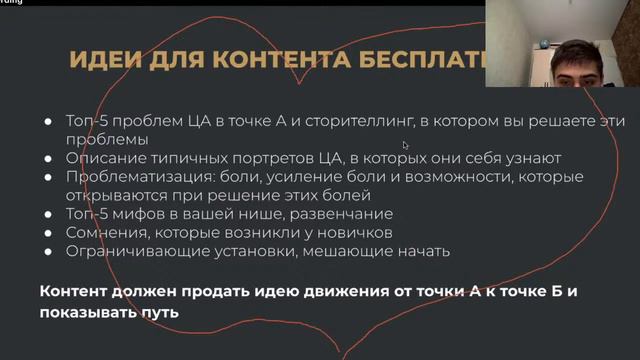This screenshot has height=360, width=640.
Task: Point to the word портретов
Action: click(260, 158)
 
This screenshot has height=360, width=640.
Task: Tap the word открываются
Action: click(117, 195)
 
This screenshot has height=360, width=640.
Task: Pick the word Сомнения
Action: click(106, 233)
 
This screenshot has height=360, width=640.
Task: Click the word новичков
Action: click(355, 233)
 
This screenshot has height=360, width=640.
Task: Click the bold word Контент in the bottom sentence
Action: click(77, 293)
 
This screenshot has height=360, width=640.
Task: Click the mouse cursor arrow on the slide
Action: click(405, 145)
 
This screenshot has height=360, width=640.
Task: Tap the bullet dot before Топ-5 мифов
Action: click(48, 214)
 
